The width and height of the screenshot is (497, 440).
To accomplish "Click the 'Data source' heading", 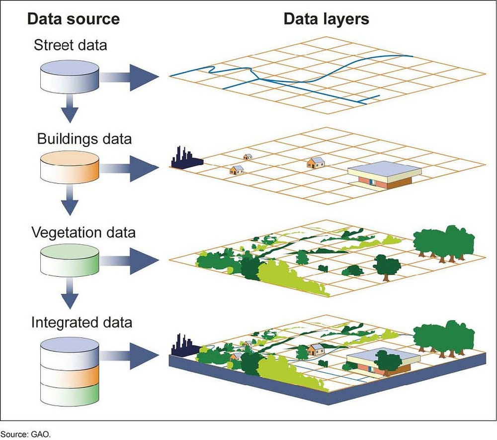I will (x=73, y=19).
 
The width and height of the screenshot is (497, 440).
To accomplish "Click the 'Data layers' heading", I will (x=327, y=19).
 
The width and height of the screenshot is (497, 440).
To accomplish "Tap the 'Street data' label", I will (x=70, y=45).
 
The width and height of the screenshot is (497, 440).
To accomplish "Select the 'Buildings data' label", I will (x=84, y=138).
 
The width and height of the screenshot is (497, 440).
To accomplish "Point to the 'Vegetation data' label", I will (x=83, y=232).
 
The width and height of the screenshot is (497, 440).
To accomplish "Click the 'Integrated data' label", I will (x=82, y=322).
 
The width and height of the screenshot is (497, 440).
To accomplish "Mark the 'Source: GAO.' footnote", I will (x=25, y=434).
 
